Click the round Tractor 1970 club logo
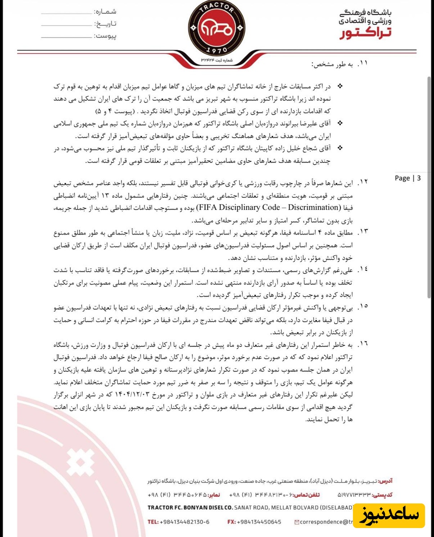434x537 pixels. point(216,28)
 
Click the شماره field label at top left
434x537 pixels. point(106,11)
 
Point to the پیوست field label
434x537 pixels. point(106,35)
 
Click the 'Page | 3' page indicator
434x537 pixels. point(408,178)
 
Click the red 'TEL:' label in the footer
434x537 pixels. point(153,522)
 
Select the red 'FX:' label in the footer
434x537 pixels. point(232,522)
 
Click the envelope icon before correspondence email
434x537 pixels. point(297,522)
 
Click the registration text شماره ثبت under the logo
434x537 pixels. point(224,59)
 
